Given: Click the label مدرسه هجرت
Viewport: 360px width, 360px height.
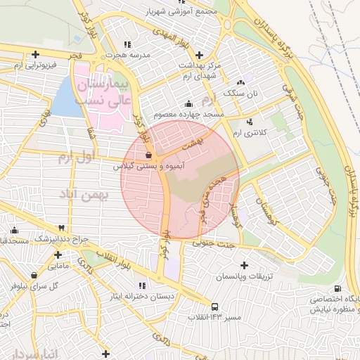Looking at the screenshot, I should (x=125, y=54).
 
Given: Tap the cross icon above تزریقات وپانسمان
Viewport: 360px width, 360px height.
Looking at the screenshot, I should (x=244, y=266).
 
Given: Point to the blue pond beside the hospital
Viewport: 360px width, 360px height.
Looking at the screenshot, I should (x=65, y=98).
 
